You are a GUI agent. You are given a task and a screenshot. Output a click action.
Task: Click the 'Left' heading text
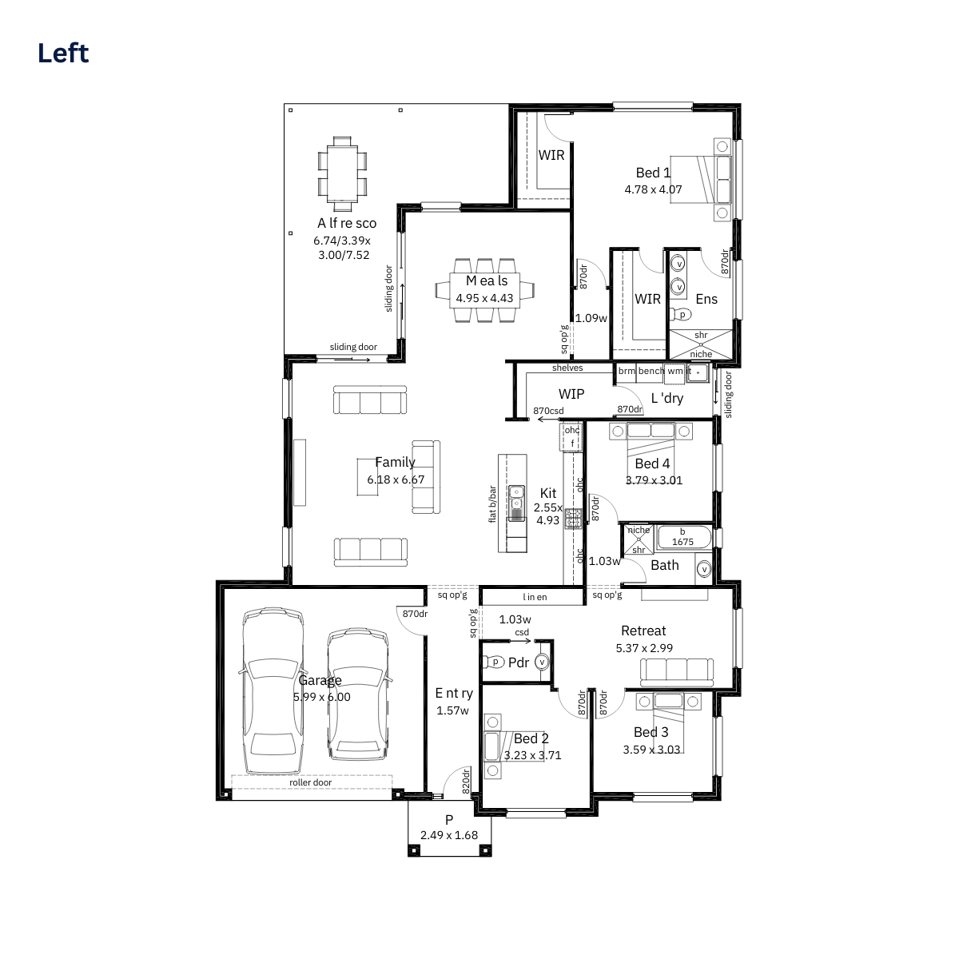pyautogui.click(x=63, y=54)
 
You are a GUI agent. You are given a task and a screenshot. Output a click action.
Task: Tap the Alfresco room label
pyautogui.click(x=347, y=223)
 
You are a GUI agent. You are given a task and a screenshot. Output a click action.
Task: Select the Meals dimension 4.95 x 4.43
pyautogui.click(x=484, y=298)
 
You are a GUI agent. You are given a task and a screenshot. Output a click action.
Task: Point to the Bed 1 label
pyautogui.click(x=653, y=173)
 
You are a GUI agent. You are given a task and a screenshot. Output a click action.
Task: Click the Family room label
pyautogui.click(x=395, y=462)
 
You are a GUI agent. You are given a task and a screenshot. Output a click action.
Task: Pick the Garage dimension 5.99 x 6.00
pyautogui.click(x=321, y=697)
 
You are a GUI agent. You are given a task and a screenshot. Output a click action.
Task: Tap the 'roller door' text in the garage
pyautogui.click(x=311, y=782)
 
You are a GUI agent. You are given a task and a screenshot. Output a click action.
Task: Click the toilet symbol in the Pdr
pyautogui.click(x=494, y=662)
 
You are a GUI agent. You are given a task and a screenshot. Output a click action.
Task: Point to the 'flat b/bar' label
pyautogui.click(x=492, y=504)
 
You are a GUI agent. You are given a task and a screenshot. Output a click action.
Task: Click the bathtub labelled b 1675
pyautogui.click(x=683, y=538)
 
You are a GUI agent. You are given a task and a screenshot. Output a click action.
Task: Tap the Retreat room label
pyautogui.click(x=643, y=631)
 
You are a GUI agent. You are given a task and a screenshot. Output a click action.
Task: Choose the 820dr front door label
pyautogui.click(x=466, y=781)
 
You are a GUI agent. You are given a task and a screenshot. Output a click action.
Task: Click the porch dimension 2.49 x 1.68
pyautogui.click(x=449, y=835)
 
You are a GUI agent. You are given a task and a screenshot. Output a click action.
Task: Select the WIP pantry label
pyautogui.click(x=571, y=394)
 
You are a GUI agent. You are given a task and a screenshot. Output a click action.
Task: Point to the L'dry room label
pyautogui.click(x=667, y=398)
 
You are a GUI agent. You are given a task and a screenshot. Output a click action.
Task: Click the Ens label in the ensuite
pyautogui.click(x=706, y=299)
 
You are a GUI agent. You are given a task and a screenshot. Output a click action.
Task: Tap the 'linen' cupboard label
pyautogui.click(x=535, y=597)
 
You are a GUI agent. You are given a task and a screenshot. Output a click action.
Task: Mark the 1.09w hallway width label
pyautogui.click(x=591, y=318)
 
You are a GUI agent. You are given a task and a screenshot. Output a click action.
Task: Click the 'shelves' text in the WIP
pyautogui.click(x=567, y=368)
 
